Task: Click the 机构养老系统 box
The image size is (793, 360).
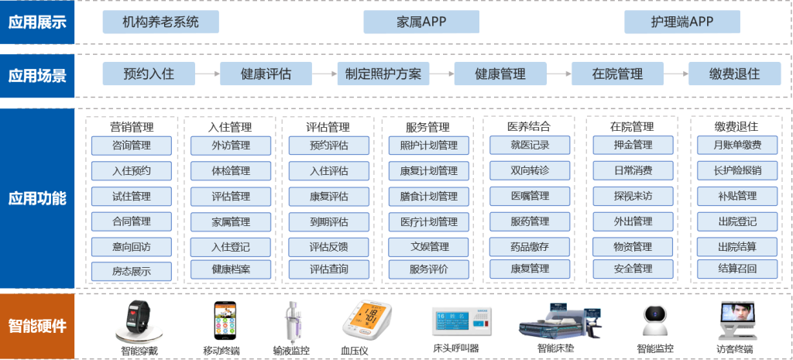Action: (160, 22)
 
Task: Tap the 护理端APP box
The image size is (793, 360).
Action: (681, 22)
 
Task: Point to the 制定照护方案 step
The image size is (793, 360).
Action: (383, 74)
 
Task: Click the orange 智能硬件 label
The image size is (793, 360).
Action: (37, 326)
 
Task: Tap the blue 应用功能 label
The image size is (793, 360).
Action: (37, 198)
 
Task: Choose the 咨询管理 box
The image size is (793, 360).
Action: (132, 146)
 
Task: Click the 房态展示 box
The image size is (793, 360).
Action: (132, 271)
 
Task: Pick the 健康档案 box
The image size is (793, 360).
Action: (231, 269)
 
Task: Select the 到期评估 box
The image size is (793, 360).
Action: (329, 221)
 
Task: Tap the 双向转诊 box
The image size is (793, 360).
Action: (530, 170)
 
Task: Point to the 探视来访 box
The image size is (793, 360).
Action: (633, 196)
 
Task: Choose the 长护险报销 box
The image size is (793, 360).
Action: (737, 170)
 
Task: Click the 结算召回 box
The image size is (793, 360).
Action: (737, 269)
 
